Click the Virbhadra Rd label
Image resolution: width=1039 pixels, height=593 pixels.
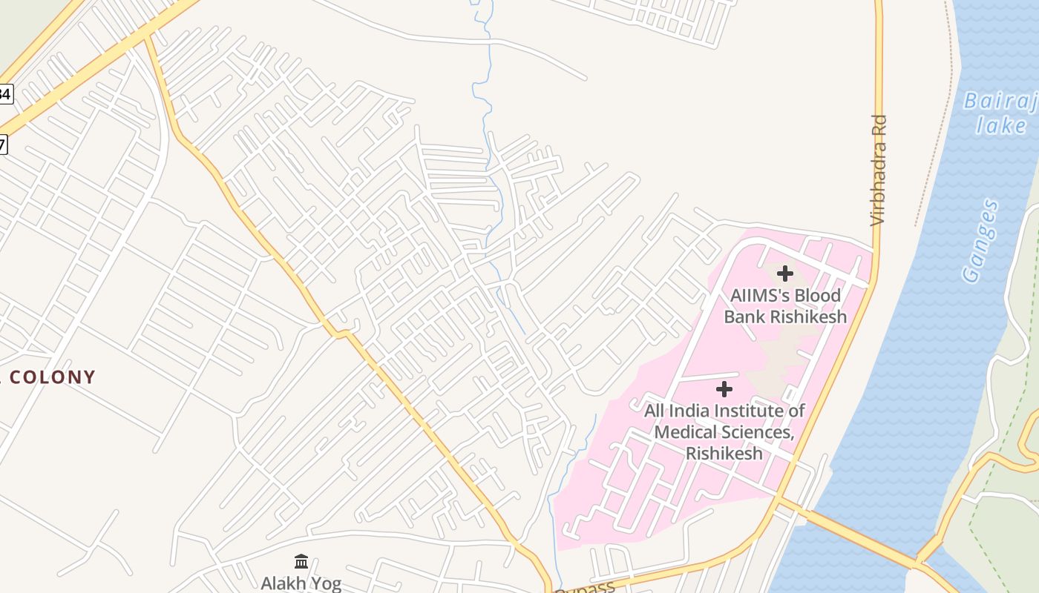(879, 170)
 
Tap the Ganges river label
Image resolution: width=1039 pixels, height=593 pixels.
(980, 241)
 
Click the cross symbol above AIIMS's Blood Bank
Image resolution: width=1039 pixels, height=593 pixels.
(784, 274)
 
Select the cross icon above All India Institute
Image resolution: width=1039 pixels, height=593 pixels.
(724, 389)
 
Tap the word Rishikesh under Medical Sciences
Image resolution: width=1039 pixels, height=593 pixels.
(724, 453)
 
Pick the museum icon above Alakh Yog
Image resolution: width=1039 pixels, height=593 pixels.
(301, 561)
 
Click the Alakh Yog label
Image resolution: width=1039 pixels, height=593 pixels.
(301, 583)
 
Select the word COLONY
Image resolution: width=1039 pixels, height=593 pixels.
(53, 377)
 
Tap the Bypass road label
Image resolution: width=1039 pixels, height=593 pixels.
(586, 588)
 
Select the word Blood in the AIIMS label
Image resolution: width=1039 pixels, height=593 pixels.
(818, 295)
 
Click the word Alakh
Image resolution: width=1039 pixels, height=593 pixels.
(283, 583)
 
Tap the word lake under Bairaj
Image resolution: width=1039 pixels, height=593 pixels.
(1000, 125)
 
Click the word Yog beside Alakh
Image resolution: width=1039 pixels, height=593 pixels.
(324, 583)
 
